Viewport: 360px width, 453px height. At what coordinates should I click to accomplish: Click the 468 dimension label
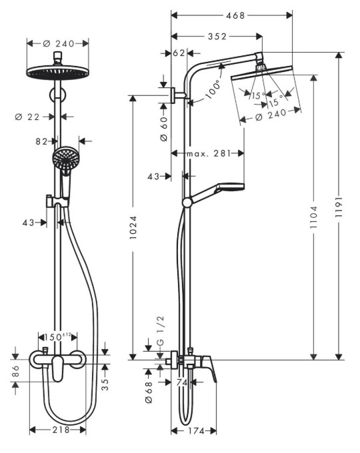coord(235,15)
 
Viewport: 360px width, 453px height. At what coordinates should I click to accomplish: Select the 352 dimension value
coord(217,37)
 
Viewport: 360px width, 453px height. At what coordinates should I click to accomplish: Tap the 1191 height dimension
coord(339,207)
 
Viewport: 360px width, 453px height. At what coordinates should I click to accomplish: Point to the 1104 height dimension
coord(313,217)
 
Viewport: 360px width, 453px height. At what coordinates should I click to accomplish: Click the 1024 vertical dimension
coord(133,227)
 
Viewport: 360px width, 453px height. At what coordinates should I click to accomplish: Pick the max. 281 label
coord(209,153)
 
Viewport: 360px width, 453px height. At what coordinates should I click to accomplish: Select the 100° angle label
coord(213,90)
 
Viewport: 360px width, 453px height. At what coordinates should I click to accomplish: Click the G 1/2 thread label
coord(161,330)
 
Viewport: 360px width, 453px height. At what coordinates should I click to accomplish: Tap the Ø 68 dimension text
coord(149,392)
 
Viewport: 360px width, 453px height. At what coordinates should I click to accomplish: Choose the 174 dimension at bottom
coord(197,431)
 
